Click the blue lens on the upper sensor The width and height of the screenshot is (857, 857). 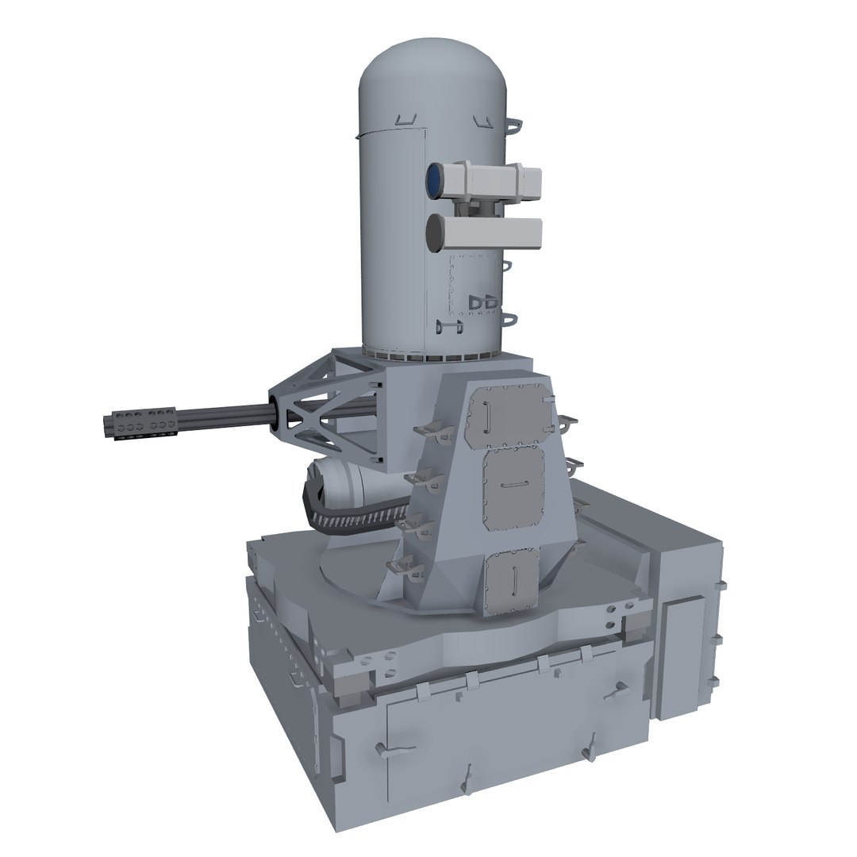coord(435,181)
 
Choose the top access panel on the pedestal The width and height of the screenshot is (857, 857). coord(510,413)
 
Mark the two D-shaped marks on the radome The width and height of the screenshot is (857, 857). coord(485,303)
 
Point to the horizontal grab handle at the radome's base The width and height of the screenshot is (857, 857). coord(448,325)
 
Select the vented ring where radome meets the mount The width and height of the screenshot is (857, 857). coord(432,355)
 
